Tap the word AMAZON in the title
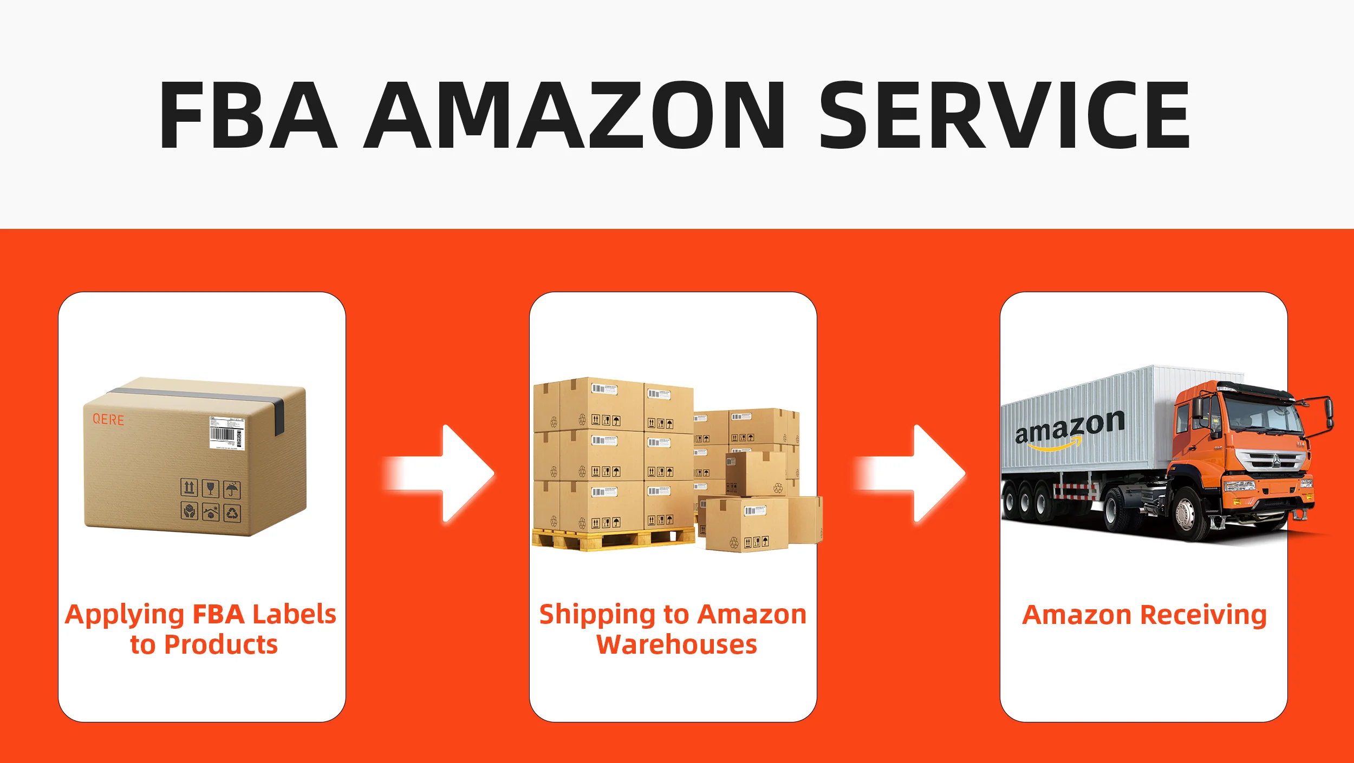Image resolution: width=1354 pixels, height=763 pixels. (575, 115)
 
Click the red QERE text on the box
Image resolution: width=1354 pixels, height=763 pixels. (108, 419)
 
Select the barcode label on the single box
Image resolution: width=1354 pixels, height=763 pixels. (227, 433)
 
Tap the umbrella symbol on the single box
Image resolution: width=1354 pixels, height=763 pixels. (232, 489)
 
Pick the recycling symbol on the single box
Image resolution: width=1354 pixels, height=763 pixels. (232, 512)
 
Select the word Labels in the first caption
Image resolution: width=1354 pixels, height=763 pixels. (294, 614)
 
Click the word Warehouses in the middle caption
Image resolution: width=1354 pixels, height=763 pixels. (676, 644)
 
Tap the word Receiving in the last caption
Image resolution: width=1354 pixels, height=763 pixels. (1203, 615)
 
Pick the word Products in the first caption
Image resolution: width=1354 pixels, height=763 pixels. (220, 644)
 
